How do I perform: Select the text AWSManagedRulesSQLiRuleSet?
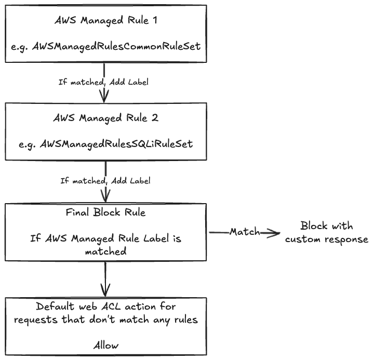tap(117, 143)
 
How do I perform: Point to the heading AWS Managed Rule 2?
tap(106, 118)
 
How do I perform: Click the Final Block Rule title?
tap(106, 212)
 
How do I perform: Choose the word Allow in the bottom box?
tap(106, 345)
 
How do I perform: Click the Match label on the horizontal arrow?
tap(245, 232)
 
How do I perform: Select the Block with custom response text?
tap(327, 233)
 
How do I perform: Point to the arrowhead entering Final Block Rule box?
tap(106, 197)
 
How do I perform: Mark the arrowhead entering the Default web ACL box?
tap(106, 291)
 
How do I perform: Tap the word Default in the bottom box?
tap(56, 307)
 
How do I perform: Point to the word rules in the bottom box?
tap(184, 320)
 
